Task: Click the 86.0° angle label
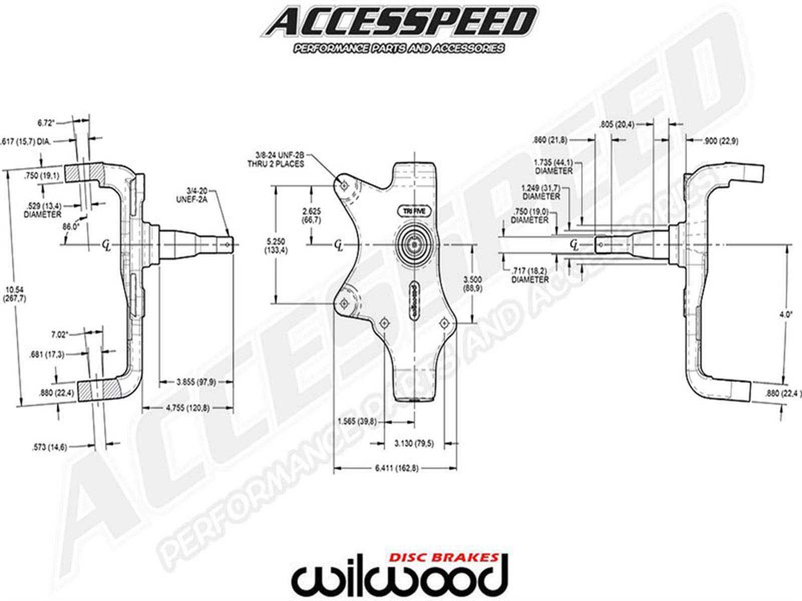point(71,226)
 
